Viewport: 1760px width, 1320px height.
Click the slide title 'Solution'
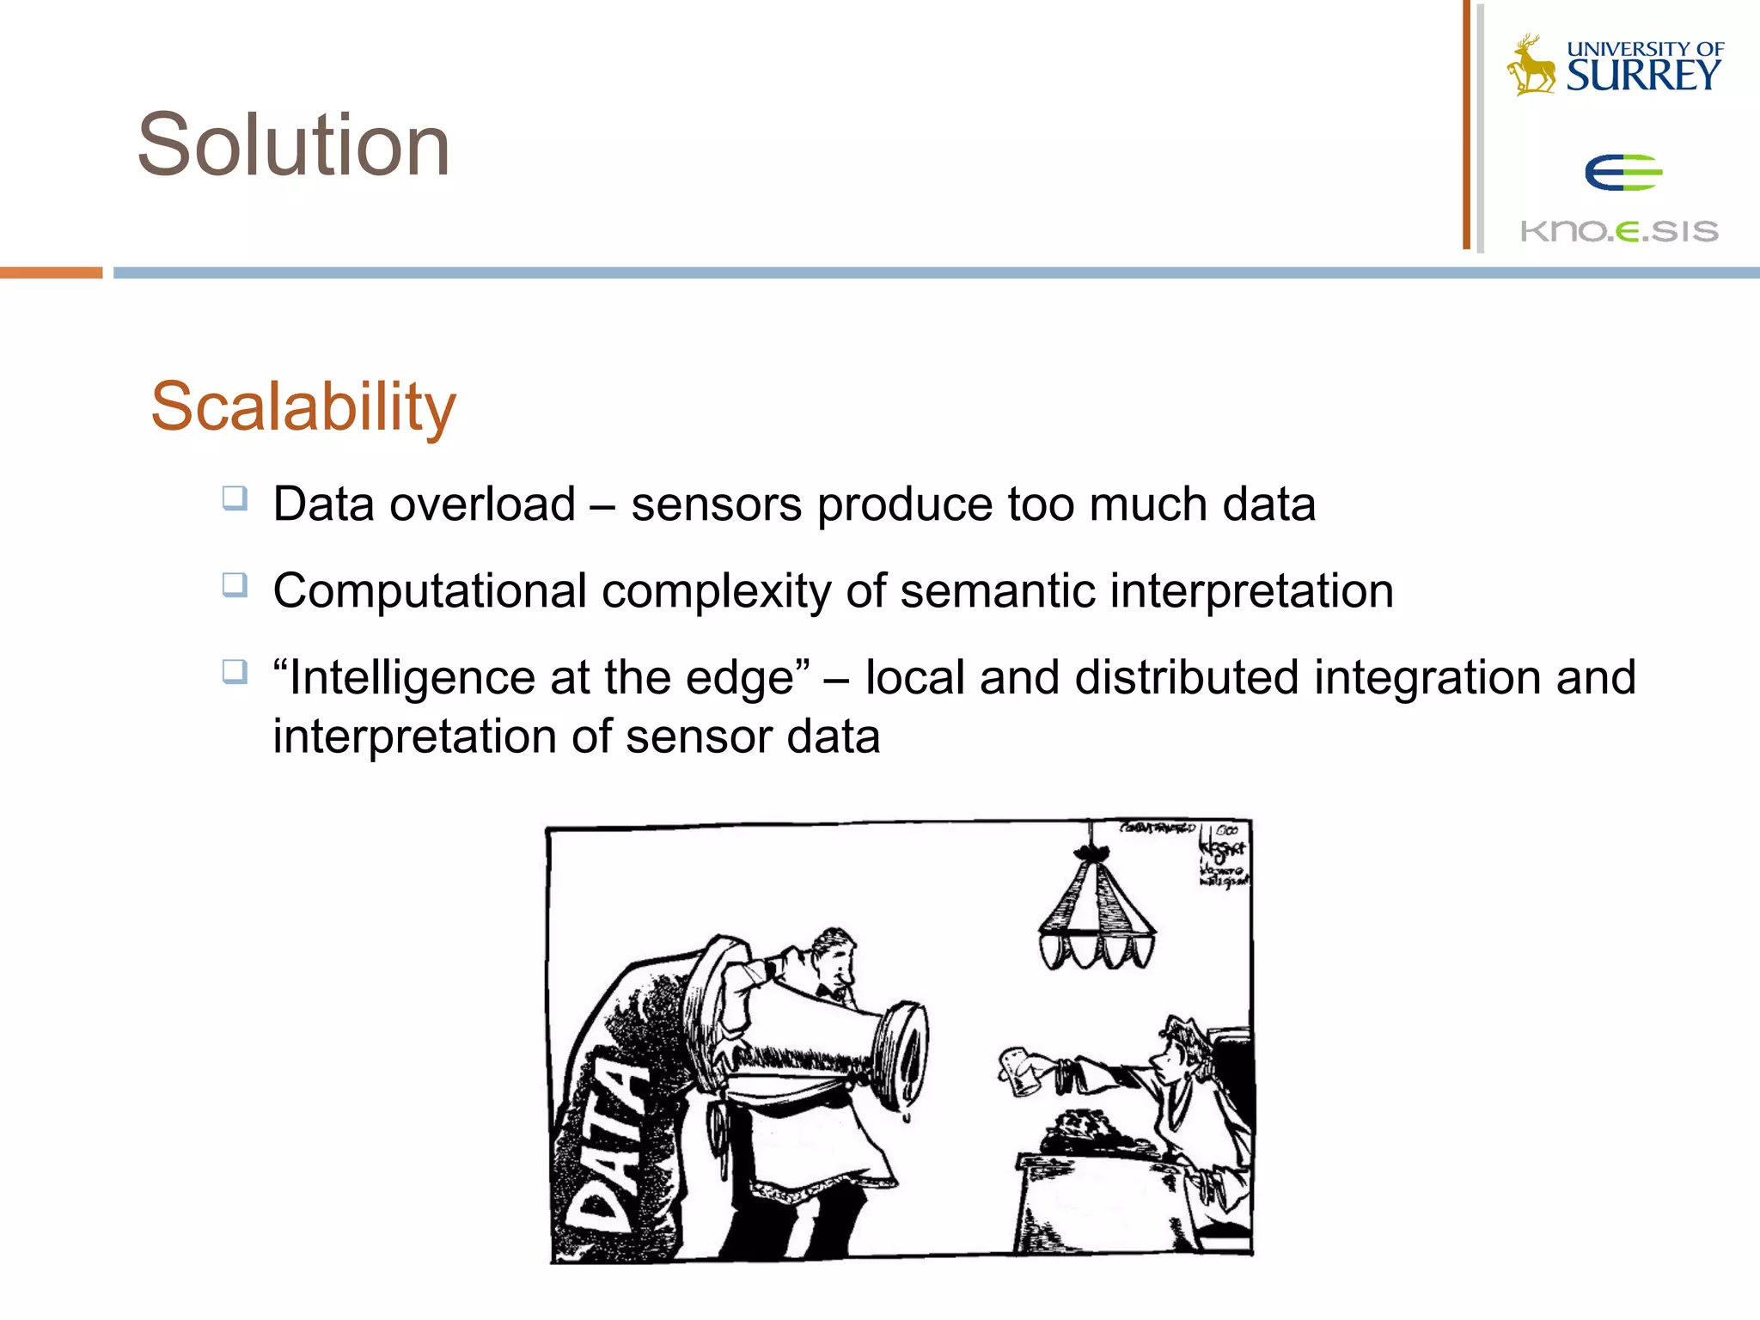click(x=293, y=145)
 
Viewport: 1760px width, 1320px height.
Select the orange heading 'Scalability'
click(x=302, y=406)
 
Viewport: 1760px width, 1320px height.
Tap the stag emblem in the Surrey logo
click(x=1531, y=65)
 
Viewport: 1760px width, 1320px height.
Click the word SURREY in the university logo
click(x=1643, y=76)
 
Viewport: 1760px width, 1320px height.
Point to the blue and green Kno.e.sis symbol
click(x=1622, y=172)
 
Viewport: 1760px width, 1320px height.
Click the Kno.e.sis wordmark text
click(x=1619, y=231)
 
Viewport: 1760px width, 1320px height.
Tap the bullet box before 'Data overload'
click(x=235, y=498)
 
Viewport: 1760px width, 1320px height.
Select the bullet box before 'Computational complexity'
click(x=235, y=585)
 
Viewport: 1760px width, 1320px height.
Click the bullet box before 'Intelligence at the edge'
click(x=235, y=671)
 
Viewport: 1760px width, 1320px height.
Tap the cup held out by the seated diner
click(x=1021, y=1070)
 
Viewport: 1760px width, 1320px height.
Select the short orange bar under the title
click(x=51, y=272)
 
